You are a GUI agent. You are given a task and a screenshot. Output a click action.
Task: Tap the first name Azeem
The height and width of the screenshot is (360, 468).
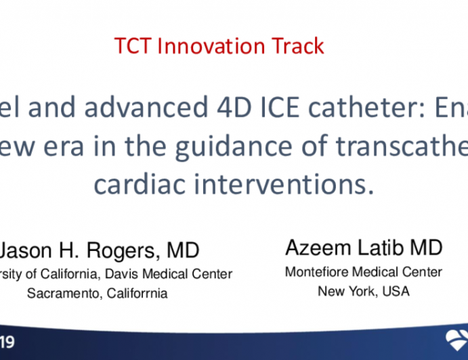pos(318,248)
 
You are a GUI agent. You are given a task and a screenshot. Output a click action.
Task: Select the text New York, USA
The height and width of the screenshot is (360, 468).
pos(363,292)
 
